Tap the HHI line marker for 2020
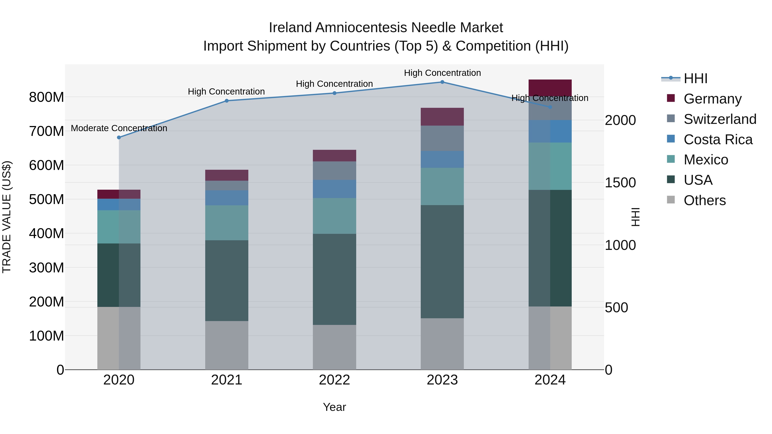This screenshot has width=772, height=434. pos(119,137)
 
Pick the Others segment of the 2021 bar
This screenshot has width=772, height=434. pos(227,345)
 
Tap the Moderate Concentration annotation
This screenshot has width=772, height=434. pos(119,128)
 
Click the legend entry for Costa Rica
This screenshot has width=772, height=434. pos(718,140)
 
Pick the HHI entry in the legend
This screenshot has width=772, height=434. pos(695,78)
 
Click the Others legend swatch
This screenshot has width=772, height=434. pos(671,200)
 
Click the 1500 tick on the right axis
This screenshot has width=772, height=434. pos(620,183)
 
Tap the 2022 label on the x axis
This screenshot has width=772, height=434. pos(335,380)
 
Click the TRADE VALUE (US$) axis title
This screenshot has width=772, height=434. pos(7,217)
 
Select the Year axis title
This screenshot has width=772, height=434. pos(335,407)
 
